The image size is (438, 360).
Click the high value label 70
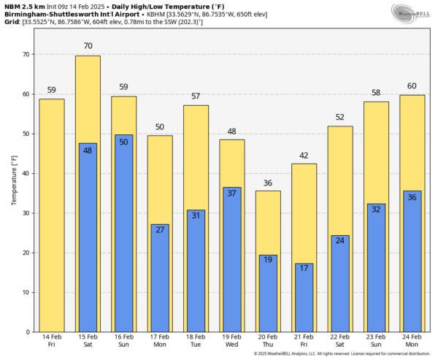point(88,46)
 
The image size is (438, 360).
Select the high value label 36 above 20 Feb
point(268,183)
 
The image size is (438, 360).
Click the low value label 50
point(124,142)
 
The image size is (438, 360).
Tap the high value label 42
point(304,155)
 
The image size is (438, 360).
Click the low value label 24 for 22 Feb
point(340,241)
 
